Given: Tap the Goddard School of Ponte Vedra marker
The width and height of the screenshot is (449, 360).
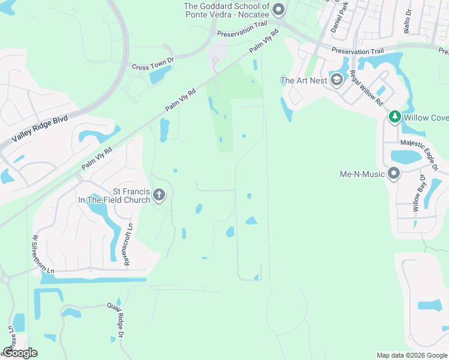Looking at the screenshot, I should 278,9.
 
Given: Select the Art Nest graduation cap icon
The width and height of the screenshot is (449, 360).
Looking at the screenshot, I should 337,80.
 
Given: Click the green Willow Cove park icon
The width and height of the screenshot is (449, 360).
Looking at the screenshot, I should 394,117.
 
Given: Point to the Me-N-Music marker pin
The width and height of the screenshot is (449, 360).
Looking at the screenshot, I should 394,174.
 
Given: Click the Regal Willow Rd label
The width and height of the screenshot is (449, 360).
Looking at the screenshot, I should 366,88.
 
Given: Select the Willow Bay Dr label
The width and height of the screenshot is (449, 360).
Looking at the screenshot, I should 418,194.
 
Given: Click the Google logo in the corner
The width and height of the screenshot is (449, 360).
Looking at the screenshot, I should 19,352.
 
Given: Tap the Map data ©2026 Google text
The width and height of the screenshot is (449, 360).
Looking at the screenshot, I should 411,355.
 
